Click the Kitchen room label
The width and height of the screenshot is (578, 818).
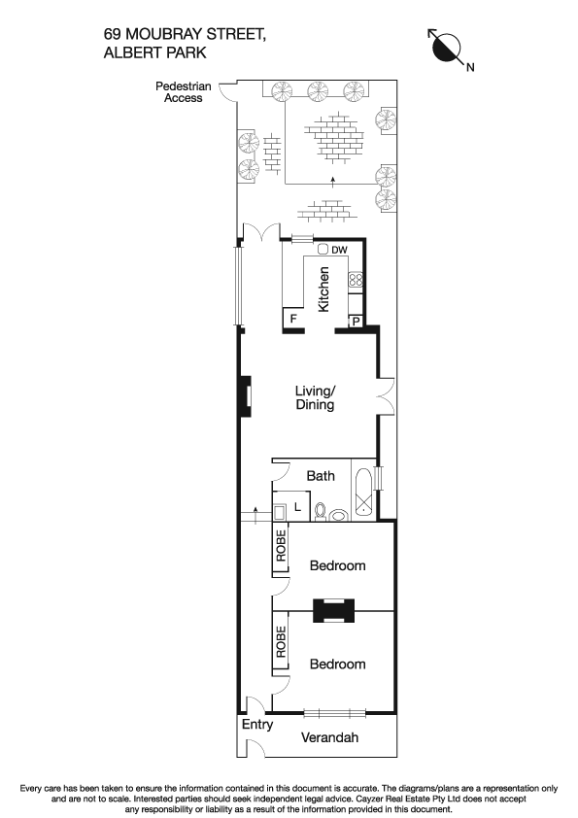click(x=324, y=290)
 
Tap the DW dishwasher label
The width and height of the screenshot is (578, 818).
click(x=339, y=251)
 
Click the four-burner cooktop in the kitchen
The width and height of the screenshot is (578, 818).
click(x=356, y=281)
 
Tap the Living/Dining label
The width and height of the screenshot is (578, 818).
click(x=315, y=398)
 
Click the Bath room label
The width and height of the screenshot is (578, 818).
click(x=321, y=476)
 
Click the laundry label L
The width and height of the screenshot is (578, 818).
click(x=297, y=508)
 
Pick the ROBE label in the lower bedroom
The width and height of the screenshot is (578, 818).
click(x=280, y=642)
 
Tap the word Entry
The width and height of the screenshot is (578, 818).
click(x=257, y=725)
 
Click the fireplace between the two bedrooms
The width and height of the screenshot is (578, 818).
click(x=333, y=610)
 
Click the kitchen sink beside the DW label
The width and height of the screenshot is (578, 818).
click(x=323, y=250)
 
